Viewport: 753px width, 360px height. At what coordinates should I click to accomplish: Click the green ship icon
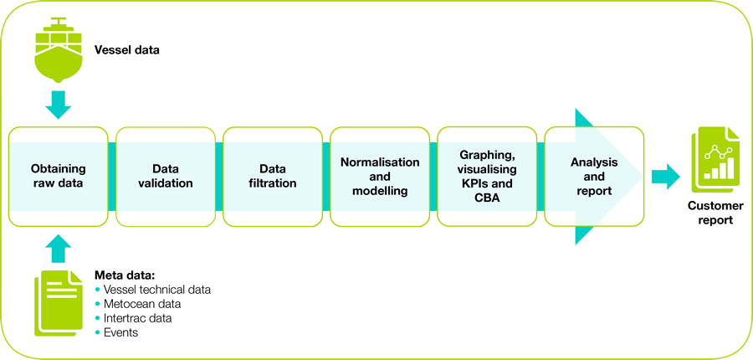59,49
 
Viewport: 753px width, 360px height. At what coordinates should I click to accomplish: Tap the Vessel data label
126,50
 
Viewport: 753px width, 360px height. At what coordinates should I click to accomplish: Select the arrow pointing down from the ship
59,105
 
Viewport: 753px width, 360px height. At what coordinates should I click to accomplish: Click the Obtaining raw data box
59,176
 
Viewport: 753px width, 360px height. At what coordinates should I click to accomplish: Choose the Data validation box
165,176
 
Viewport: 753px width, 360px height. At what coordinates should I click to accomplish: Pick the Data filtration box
273,176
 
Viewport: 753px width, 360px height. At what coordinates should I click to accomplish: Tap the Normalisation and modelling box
380,176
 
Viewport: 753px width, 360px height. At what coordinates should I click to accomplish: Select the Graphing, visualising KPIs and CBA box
487,176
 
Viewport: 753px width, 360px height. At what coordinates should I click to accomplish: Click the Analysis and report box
594,176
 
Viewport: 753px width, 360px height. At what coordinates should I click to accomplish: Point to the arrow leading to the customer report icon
666,176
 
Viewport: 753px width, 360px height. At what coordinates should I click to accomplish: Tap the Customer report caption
710,213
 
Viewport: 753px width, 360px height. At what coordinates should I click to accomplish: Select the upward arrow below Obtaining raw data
59,248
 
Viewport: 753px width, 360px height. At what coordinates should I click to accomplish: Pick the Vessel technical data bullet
156,290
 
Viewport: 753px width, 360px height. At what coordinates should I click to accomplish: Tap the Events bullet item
120,332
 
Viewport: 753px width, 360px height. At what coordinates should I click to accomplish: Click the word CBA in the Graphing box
487,196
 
